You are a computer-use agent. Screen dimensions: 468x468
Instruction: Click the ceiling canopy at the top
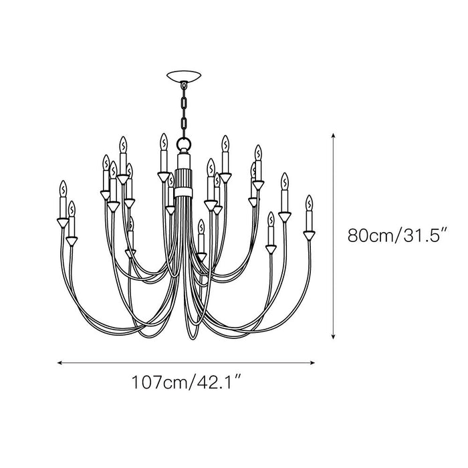click(184, 76)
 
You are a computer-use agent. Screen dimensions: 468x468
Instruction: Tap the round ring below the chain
click(184, 142)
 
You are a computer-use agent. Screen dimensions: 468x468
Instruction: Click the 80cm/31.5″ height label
click(396, 235)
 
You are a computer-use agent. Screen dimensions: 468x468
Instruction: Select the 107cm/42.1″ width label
click(187, 382)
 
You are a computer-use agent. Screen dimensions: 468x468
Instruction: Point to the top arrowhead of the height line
click(334, 136)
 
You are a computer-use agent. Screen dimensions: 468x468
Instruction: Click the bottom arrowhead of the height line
click(334, 336)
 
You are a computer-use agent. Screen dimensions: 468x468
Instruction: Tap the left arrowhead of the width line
click(60, 362)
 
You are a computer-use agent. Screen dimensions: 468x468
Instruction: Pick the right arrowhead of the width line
click(312, 362)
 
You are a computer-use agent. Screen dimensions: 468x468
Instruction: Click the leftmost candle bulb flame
click(63, 189)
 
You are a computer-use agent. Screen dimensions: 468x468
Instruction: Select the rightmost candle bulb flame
click(309, 203)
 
